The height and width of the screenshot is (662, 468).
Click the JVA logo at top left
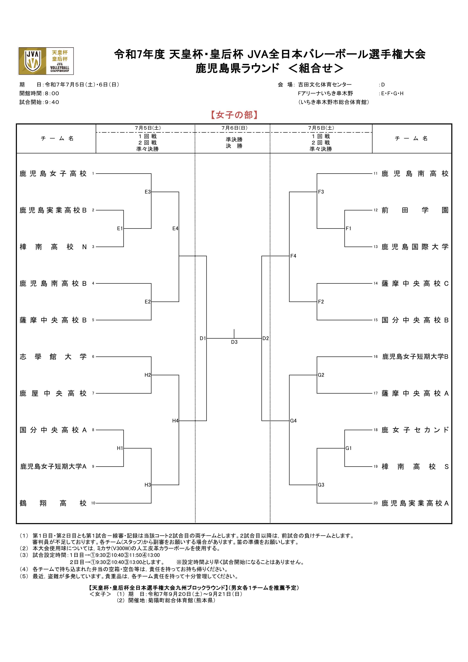coord(46,61)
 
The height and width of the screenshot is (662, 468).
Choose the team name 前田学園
coord(415,210)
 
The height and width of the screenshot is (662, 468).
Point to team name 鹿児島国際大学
coord(415,247)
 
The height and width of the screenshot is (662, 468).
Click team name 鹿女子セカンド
coord(415,430)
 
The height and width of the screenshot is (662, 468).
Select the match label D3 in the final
coord(234,342)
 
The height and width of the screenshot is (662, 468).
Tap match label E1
coord(120,228)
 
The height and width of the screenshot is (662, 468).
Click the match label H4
coord(175,421)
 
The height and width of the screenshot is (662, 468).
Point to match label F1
coord(348,228)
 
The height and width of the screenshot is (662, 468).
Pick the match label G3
coord(321,485)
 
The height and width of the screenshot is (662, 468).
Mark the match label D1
coord(203,338)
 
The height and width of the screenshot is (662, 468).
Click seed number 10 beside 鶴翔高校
coord(93,503)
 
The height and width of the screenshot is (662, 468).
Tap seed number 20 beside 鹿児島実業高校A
coord(376,503)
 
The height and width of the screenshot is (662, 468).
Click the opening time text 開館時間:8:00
coord(39,93)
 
